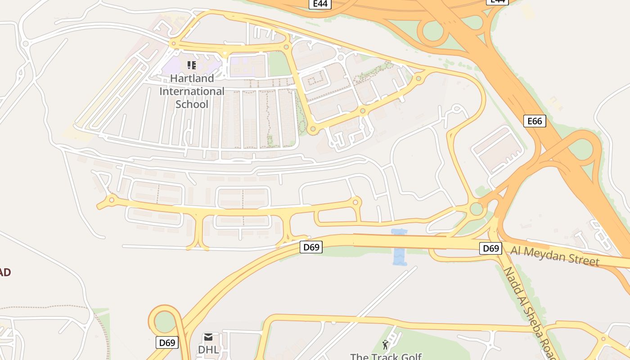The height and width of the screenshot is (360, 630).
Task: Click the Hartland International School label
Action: (192, 91)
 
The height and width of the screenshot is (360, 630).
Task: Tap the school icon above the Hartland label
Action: (192, 65)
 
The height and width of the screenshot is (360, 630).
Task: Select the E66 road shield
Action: (535, 121)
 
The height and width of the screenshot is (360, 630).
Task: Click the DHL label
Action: (208, 350)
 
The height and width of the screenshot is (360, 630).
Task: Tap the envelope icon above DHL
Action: (208, 337)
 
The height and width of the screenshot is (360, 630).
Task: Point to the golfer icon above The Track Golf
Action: (385, 345)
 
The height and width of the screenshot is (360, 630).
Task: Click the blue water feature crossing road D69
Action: (399, 247)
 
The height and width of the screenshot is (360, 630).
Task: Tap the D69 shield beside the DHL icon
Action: (167, 342)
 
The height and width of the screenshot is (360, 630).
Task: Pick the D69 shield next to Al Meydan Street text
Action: (490, 248)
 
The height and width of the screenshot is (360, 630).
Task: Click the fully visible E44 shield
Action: (320, 4)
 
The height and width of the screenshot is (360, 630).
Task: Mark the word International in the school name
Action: (192, 91)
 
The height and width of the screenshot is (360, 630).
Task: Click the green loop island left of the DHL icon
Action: (165, 322)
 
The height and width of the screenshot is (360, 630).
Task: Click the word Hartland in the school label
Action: (192, 78)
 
